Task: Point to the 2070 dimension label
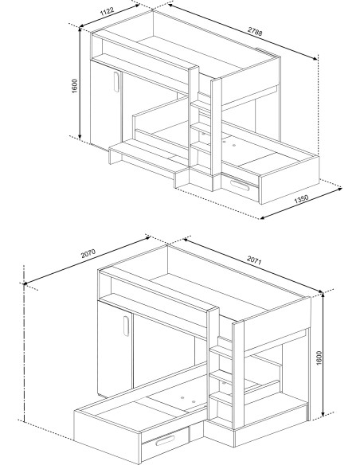point(88,254)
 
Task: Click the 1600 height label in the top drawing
point(73,84)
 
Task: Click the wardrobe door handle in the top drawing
point(116,82)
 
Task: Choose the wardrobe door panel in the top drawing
point(107,107)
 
